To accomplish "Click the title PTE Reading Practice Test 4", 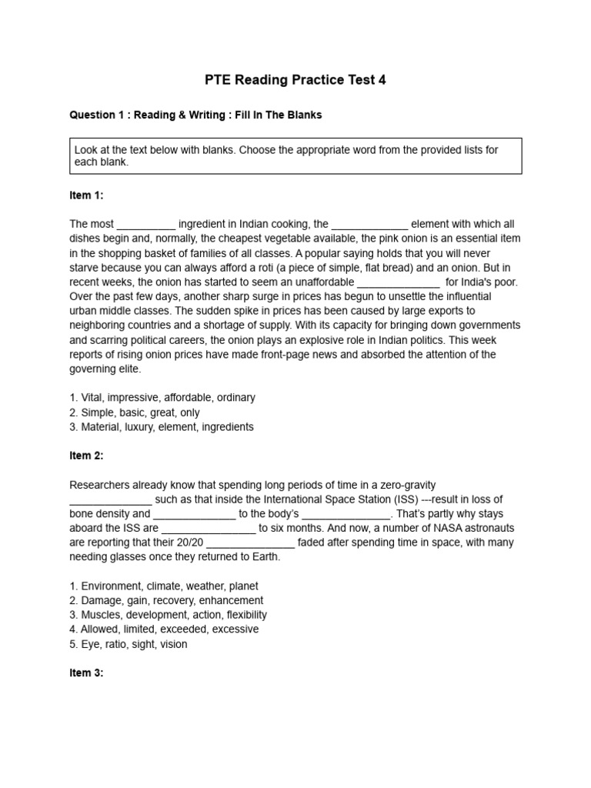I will pos(295,80).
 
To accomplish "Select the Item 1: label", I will pos(86,195).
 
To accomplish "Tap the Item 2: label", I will pos(86,456).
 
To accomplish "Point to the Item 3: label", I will pos(86,673).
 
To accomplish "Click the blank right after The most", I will pos(146,224).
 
